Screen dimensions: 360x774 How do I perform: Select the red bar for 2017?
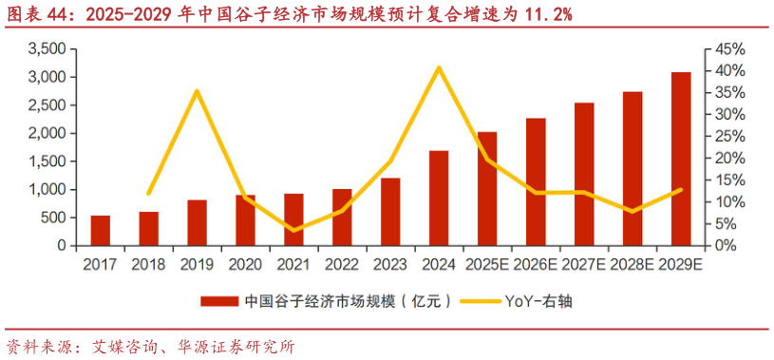101,231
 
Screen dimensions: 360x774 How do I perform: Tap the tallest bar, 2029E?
681,159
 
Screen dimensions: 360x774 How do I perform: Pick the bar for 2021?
294,219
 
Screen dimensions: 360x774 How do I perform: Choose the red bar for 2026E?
536,181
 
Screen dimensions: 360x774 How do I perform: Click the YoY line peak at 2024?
439,67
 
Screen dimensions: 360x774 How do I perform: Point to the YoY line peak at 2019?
197,91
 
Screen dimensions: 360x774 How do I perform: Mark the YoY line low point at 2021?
294,230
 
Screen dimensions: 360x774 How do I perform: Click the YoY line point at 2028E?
632,211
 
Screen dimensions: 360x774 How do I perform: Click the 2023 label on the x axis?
390,263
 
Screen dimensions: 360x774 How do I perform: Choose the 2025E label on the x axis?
487,263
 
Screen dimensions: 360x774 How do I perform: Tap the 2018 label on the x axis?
149,263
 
